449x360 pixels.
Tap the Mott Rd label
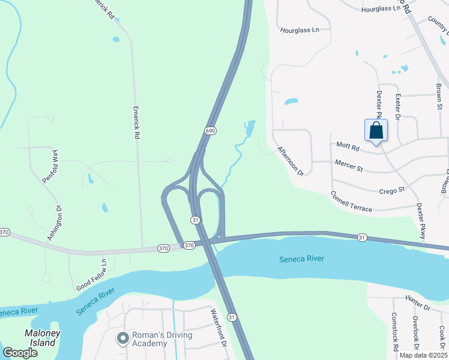pyautogui.click(x=348, y=145)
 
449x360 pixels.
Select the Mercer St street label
pyautogui.click(x=349, y=166)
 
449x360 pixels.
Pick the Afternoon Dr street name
pyautogui.click(x=291, y=160)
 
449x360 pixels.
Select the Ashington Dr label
pyautogui.click(x=59, y=223)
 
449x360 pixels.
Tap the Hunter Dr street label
pyautogui.click(x=418, y=307)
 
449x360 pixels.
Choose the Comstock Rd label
pyautogui.click(x=395, y=331)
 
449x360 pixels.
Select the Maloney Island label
pyautogui.click(x=40, y=338)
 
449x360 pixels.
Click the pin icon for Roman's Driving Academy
pyautogui.click(x=123, y=339)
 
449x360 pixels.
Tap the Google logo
pyautogui.click(x=20, y=352)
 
